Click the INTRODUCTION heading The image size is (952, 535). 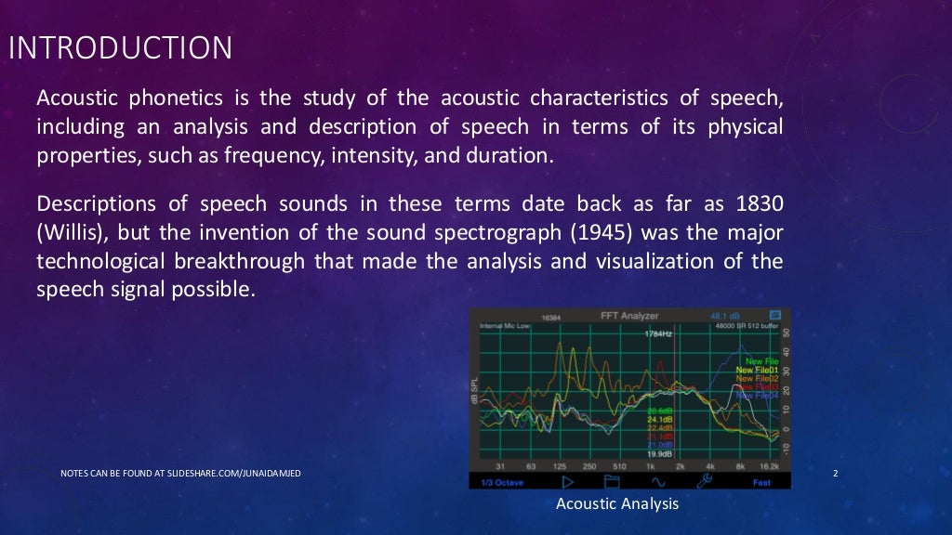tap(120, 48)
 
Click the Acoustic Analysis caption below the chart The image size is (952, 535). tap(617, 504)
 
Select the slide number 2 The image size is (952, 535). tap(836, 475)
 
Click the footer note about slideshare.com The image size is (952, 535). tap(179, 475)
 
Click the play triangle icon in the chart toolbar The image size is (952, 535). tap(567, 481)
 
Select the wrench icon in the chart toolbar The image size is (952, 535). tap(705, 481)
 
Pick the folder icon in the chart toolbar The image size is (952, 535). tap(612, 481)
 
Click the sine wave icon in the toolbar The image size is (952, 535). tap(657, 481)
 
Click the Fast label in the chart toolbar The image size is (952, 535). tap(761, 482)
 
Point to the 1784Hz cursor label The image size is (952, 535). tap(659, 333)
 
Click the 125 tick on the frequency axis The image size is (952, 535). tap(560, 466)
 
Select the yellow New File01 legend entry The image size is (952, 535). tap(757, 370)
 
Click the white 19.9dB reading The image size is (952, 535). tap(660, 453)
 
